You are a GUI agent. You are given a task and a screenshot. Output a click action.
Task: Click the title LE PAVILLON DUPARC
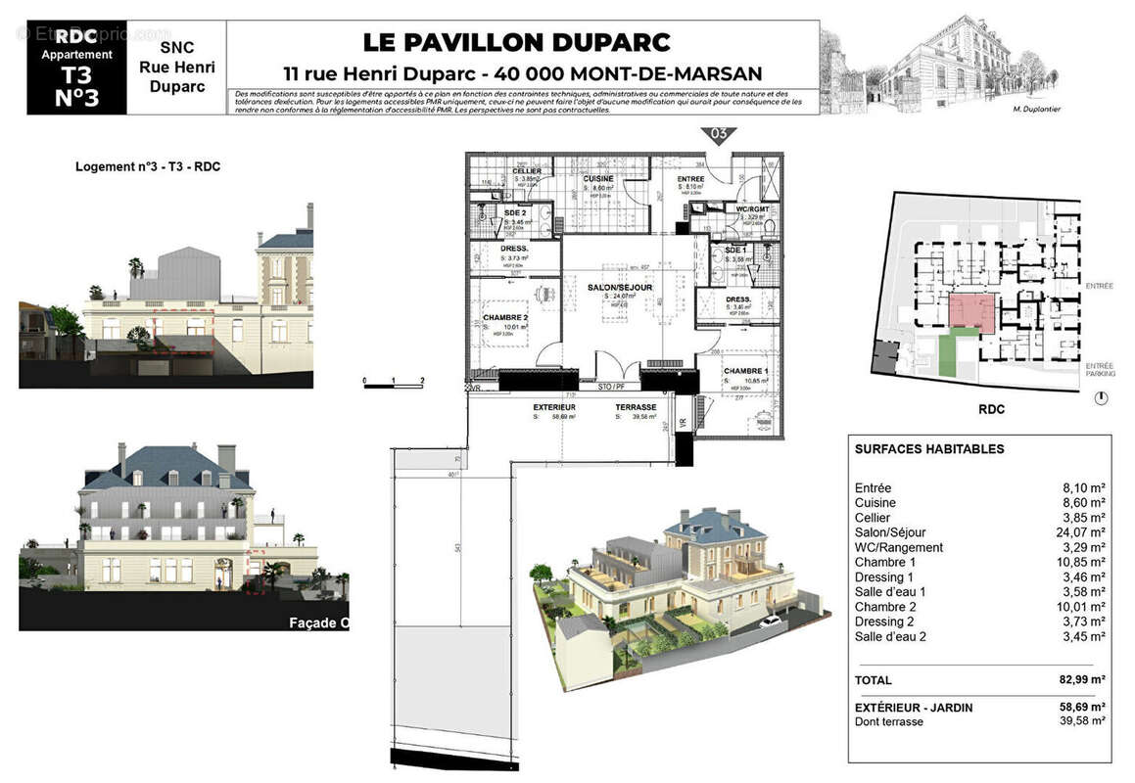click(x=517, y=42)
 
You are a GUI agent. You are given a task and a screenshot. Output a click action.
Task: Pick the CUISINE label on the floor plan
click(x=598, y=179)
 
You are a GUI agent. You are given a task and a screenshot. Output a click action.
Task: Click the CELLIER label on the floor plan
click(x=528, y=171)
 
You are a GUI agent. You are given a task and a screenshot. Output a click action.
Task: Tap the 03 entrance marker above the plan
click(x=718, y=134)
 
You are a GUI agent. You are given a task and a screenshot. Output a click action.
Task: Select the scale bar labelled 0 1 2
click(x=393, y=384)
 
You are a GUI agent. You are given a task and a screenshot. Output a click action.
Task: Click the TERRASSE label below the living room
click(x=635, y=406)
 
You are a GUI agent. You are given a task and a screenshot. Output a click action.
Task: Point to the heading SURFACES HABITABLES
click(x=929, y=449)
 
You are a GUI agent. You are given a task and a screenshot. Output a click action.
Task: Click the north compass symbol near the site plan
click(x=1102, y=398)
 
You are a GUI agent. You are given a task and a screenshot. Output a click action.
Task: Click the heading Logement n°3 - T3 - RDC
click(x=148, y=166)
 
